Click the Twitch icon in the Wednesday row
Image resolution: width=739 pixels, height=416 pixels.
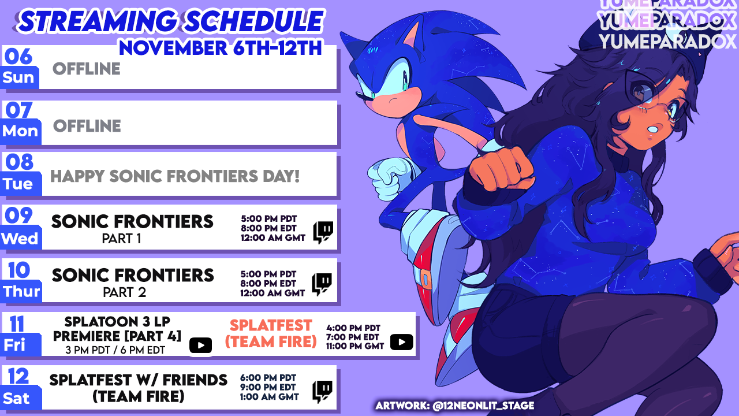pyautogui.click(x=323, y=232)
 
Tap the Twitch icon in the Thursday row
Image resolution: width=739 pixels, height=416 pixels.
pyautogui.click(x=322, y=284)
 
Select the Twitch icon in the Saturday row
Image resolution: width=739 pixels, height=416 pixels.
pyautogui.click(x=322, y=392)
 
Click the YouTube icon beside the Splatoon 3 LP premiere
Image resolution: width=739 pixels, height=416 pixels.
pyautogui.click(x=200, y=346)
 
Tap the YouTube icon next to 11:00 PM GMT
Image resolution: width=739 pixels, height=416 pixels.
pyautogui.click(x=401, y=342)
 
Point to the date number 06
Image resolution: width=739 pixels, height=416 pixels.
pyautogui.click(x=18, y=57)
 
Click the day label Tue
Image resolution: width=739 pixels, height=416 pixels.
pyautogui.click(x=18, y=184)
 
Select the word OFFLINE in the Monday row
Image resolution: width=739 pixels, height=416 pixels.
pyautogui.click(x=87, y=126)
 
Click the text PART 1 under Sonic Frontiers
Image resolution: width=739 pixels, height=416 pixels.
pyautogui.click(x=121, y=239)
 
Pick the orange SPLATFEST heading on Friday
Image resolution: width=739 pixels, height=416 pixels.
pyautogui.click(x=271, y=325)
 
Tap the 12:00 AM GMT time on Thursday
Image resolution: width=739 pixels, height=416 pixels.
pyautogui.click(x=273, y=293)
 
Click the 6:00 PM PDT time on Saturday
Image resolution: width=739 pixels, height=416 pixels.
pyautogui.click(x=268, y=378)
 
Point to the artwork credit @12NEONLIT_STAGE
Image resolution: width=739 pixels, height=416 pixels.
pyautogui.click(x=483, y=406)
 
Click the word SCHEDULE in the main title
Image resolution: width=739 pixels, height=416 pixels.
pyautogui.click(x=253, y=21)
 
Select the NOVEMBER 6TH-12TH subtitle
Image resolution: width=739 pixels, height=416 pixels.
pyautogui.click(x=221, y=48)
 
